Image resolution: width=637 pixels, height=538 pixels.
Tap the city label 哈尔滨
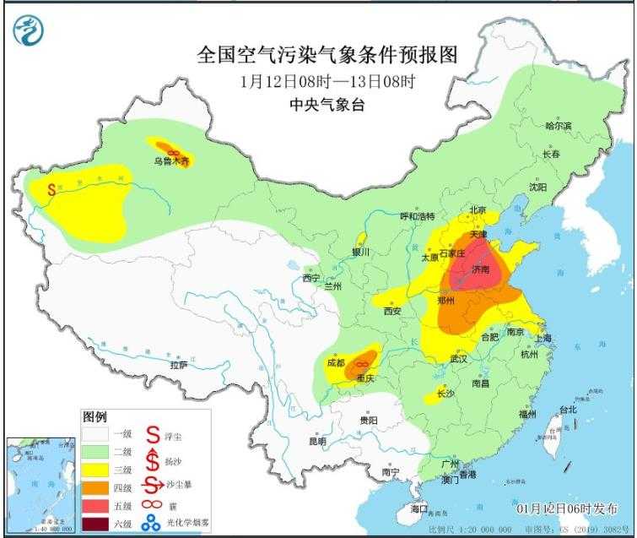pos(559,126)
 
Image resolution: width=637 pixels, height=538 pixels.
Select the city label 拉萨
pos(178,365)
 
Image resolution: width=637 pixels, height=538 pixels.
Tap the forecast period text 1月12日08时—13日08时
pos(327,82)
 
